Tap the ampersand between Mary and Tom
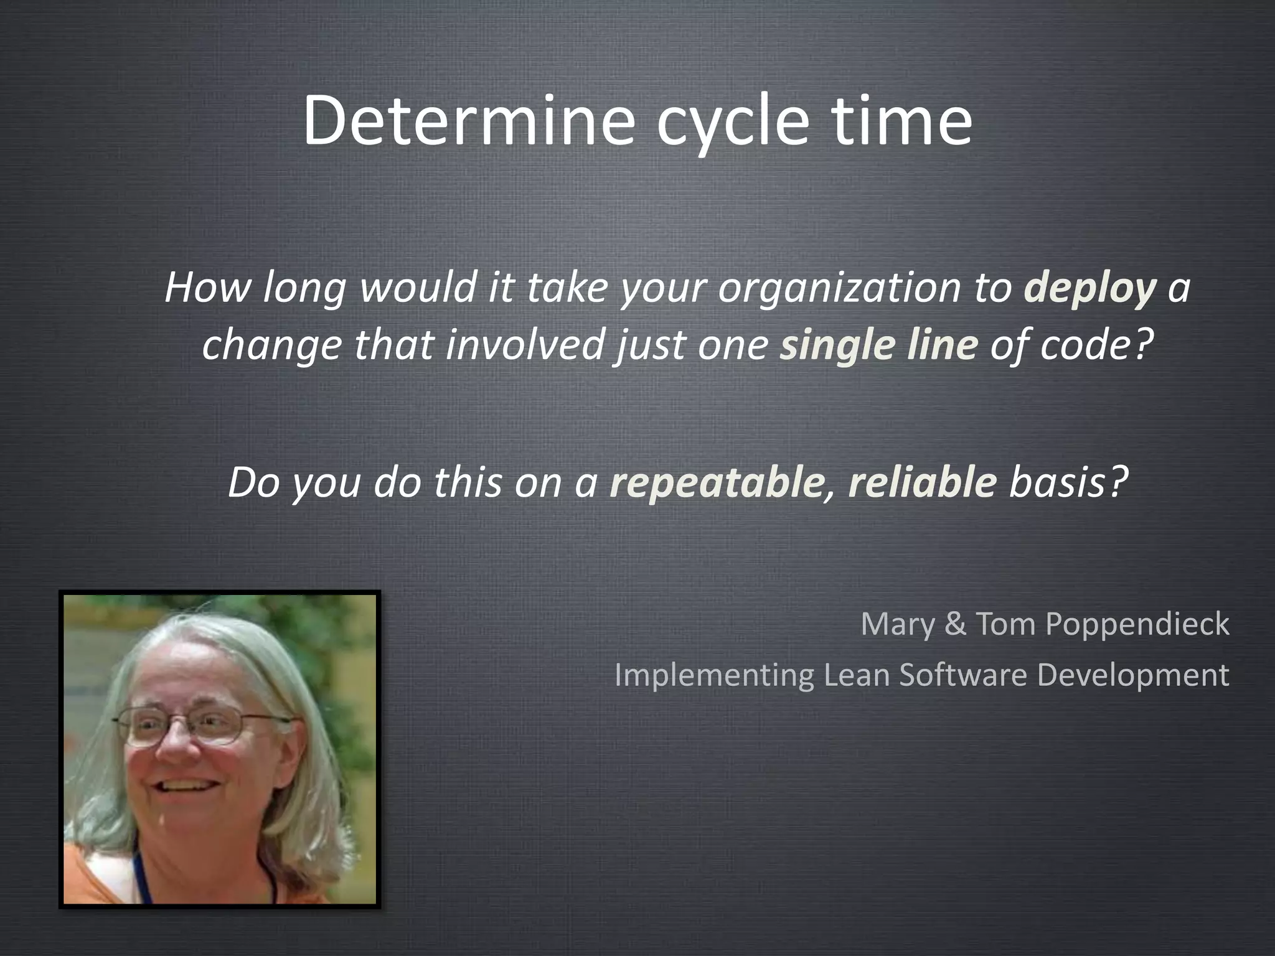955,624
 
